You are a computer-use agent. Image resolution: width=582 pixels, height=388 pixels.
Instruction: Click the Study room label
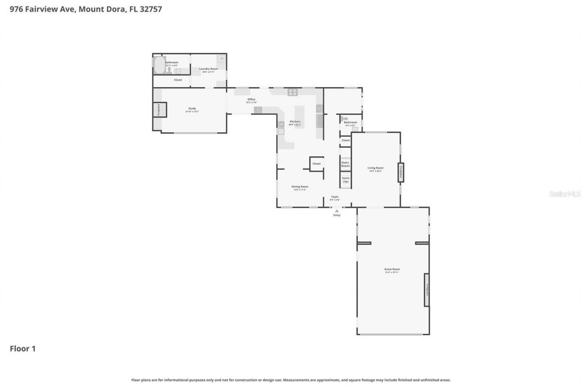click(192, 109)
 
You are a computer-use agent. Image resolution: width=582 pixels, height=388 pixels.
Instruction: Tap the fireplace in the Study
click(160, 110)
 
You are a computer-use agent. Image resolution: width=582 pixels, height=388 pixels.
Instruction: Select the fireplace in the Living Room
click(401, 172)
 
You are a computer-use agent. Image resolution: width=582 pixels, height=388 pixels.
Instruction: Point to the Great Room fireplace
click(426, 290)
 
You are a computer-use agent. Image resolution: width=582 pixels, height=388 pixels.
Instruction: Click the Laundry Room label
click(208, 69)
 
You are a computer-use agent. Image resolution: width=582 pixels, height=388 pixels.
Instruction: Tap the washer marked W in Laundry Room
click(221, 59)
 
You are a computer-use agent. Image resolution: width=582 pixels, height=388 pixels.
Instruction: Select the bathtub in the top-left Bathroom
click(159, 65)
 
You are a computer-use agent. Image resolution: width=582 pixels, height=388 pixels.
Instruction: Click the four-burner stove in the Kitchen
click(292, 92)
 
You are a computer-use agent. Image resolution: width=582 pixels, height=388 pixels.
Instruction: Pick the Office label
click(251, 100)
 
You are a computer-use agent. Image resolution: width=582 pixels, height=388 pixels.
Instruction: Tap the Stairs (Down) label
click(346, 164)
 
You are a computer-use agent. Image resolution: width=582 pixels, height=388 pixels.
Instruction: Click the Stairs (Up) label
click(346, 180)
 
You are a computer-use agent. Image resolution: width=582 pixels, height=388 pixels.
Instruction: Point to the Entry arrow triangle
click(336, 211)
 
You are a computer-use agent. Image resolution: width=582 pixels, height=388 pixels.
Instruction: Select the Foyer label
click(335, 197)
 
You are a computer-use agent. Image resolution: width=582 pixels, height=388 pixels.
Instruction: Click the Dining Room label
click(300, 186)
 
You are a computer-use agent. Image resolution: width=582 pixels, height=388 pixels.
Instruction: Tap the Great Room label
click(392, 270)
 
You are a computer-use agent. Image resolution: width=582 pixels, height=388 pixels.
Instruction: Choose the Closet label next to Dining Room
click(316, 164)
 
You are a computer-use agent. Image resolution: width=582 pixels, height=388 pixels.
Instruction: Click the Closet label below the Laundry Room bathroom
click(178, 80)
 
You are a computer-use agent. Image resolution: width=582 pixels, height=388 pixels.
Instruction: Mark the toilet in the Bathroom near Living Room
click(345, 119)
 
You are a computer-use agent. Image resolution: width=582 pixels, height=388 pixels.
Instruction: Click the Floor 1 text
click(23, 349)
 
